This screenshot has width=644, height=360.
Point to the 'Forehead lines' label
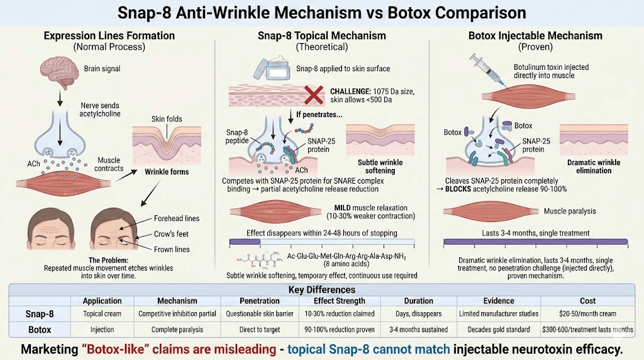pyautogui.click(x=177, y=218)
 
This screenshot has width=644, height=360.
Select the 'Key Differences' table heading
pyautogui.click(x=321, y=290)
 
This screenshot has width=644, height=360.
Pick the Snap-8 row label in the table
pyautogui.click(x=38, y=314)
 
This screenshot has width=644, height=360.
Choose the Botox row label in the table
pyautogui.click(x=39, y=329)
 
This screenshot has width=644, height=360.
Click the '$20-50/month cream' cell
pyautogui.click(x=587, y=313)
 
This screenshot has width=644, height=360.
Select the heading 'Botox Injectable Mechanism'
pyautogui.click(x=535, y=36)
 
